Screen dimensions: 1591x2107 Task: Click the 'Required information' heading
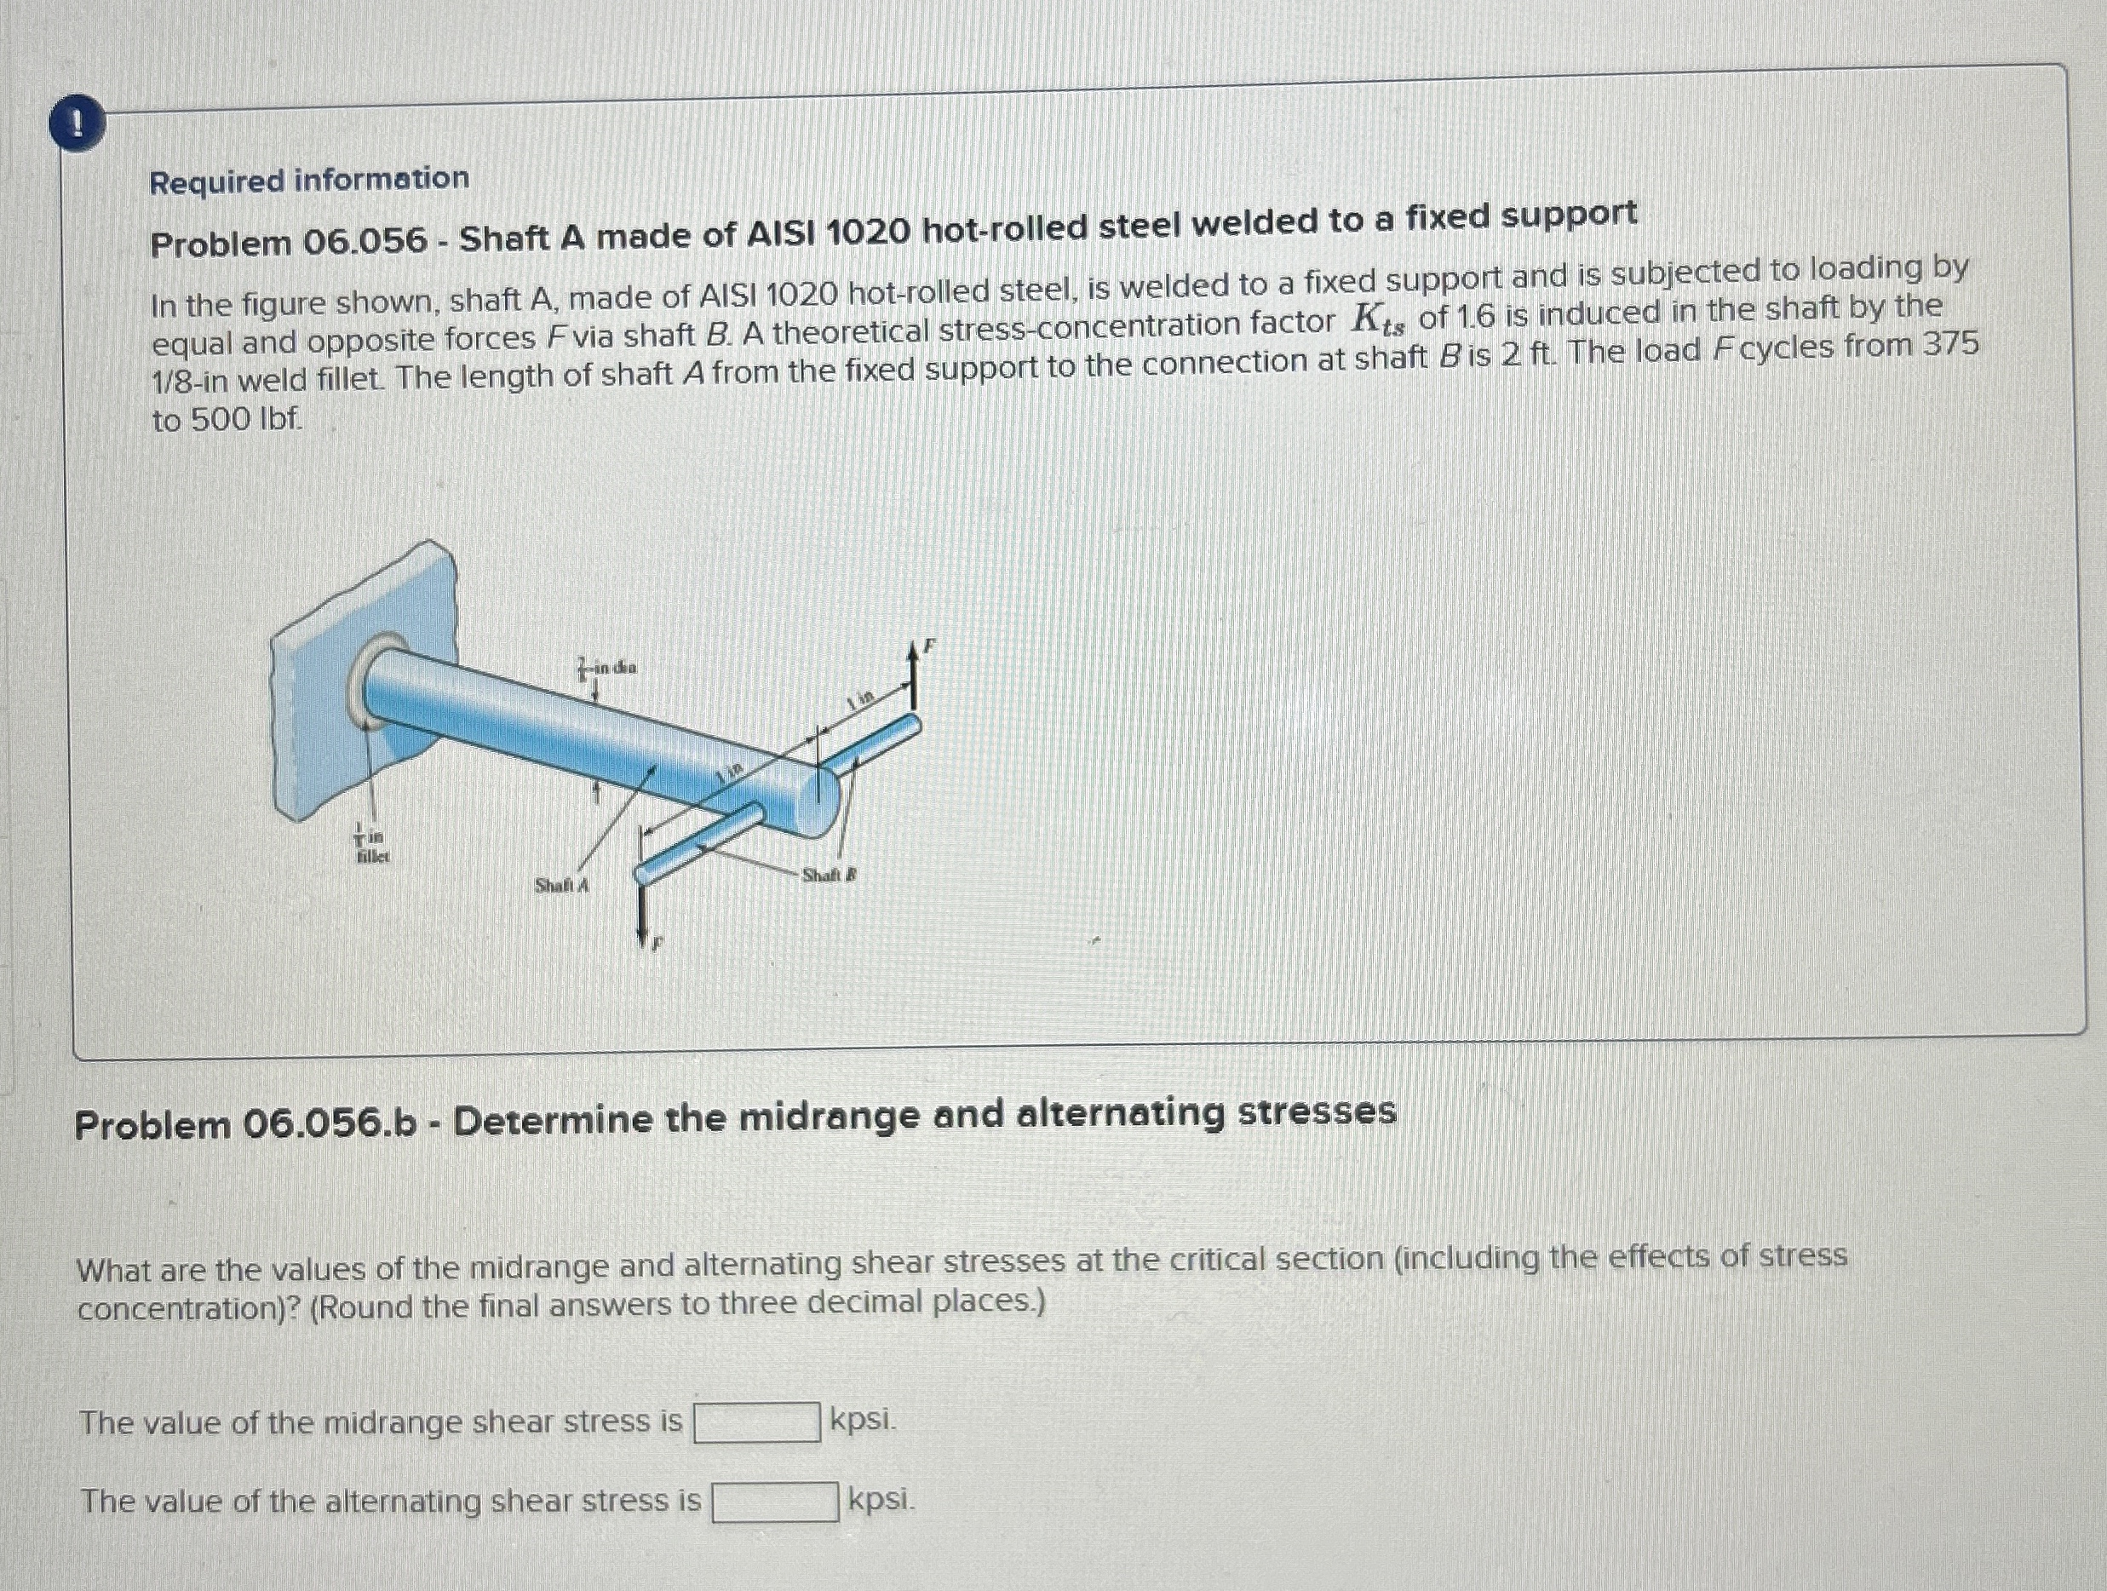tap(308, 180)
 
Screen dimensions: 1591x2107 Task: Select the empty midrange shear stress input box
tap(756, 1422)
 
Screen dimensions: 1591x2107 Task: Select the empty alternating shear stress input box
tap(775, 1502)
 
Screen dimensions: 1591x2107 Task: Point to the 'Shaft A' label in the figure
tap(561, 886)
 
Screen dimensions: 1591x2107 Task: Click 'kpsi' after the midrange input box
tap(862, 1420)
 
